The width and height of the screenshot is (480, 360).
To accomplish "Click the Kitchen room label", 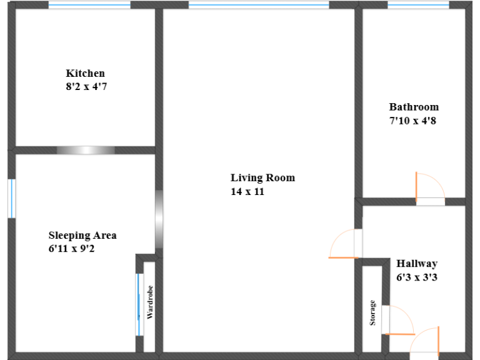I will [x=86, y=73].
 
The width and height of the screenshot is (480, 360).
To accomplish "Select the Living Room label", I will [x=262, y=178].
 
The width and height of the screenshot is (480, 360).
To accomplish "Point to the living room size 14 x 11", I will [x=247, y=192].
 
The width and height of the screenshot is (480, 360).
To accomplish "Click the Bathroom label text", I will [x=414, y=107].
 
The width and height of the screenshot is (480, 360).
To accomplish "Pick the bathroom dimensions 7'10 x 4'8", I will [x=412, y=121].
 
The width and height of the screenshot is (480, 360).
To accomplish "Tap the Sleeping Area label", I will [x=82, y=236].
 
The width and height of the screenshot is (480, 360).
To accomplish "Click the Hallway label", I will [x=417, y=264].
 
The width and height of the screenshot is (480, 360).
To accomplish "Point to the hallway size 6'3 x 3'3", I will [x=416, y=277].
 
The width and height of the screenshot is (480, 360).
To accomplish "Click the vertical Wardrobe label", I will [x=150, y=303].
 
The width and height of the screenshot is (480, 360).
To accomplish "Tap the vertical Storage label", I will [x=372, y=312].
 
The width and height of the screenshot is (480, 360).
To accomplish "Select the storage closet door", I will [x=397, y=320].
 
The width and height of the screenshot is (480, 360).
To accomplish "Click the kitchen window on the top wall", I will [x=89, y=5].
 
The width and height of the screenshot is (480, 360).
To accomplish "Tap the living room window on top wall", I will [x=259, y=5].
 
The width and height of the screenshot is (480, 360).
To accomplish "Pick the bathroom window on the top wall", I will [x=418, y=5].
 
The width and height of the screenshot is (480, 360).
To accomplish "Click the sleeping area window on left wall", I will [x=11, y=199].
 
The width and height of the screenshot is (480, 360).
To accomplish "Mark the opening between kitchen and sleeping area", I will [x=86, y=150].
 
